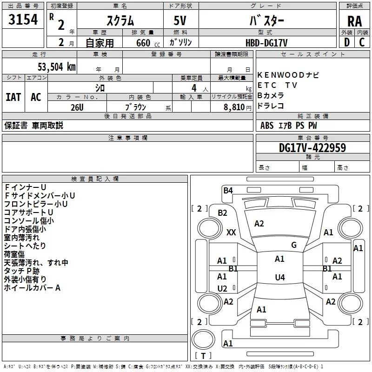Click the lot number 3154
pos(23,20)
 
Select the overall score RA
pos(354,21)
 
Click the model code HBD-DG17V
pos(266,43)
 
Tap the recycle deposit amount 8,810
pos(234,107)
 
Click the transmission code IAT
pos(13,97)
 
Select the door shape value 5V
pos(181,21)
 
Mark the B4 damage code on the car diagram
pos(228,190)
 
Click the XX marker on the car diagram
pos(231,232)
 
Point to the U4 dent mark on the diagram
pos(279,278)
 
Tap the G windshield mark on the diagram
pos(294,245)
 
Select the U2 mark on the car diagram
pos(222,288)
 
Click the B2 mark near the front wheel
pos(222,213)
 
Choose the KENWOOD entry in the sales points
pos(277,75)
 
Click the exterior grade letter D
pos(346,42)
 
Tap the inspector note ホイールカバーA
pos(33,288)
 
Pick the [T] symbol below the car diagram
pos(203,356)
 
